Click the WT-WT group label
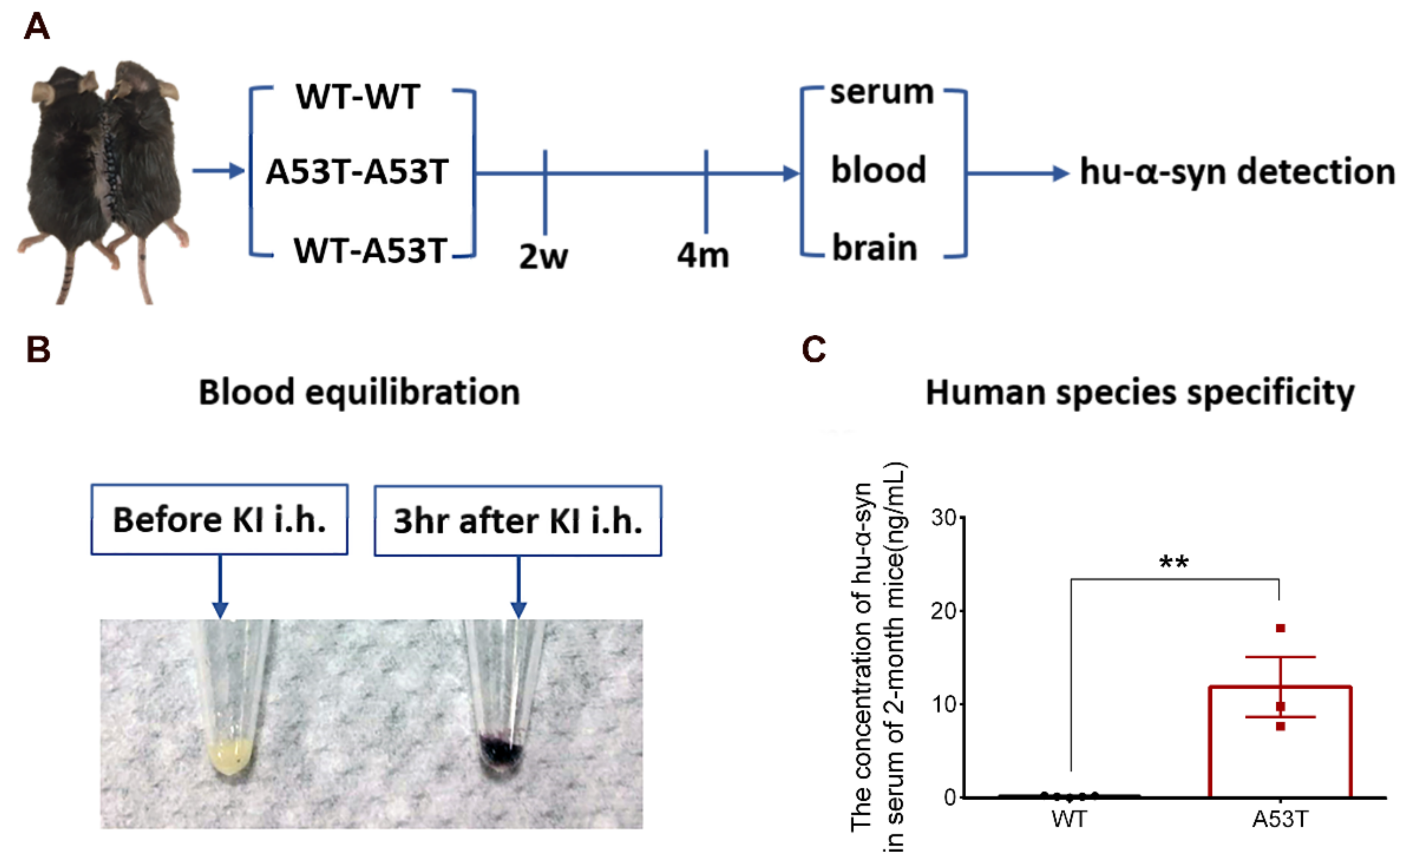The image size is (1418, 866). tap(358, 97)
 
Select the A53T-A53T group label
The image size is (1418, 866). tap(357, 171)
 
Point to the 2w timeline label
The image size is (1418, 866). tap(543, 256)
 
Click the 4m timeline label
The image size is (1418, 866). tap(703, 255)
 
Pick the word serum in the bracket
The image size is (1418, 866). tap(881, 92)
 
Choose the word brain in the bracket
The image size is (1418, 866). tap(874, 248)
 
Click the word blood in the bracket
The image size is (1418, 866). tap(878, 171)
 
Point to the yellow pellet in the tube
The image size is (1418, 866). tap(232, 755)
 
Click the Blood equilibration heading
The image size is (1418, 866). tap(359, 393)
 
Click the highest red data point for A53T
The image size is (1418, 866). tap(1280, 628)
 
